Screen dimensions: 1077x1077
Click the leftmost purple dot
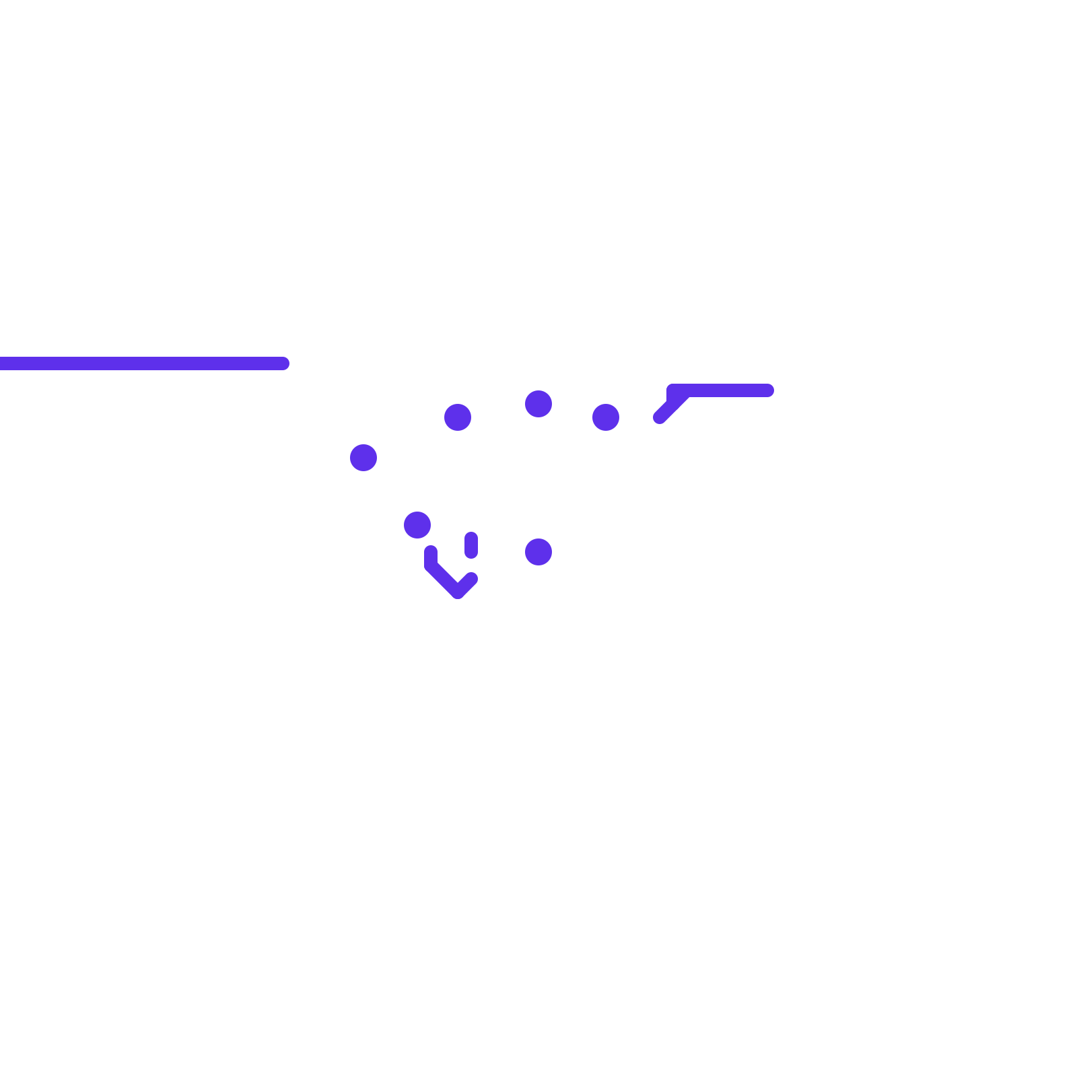pyautogui.click(x=363, y=458)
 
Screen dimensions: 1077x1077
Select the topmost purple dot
pyautogui.click(x=538, y=404)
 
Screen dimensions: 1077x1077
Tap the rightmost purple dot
pyautogui.click(x=606, y=417)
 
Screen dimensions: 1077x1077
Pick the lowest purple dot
pyautogui.click(x=538, y=552)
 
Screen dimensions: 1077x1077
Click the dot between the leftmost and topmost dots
pyautogui.click(x=458, y=417)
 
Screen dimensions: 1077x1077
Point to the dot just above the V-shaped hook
pyautogui.click(x=417, y=525)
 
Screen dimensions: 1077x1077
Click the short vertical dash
pyautogui.click(x=471, y=545)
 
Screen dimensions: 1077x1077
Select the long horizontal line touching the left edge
pyautogui.click(x=141, y=363)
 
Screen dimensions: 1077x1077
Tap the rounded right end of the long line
pyautogui.click(x=283, y=363)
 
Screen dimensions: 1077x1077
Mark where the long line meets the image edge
pyautogui.click(x=1, y=363)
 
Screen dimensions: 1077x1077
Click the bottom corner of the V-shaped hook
pyautogui.click(x=458, y=592)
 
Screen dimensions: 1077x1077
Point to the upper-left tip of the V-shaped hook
pyautogui.click(x=431, y=552)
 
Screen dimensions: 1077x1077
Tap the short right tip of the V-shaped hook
pyautogui.click(x=471, y=578)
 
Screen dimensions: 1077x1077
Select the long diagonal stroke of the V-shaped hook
pyautogui.click(x=444, y=579)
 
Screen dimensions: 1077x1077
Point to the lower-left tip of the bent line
pyautogui.click(x=660, y=417)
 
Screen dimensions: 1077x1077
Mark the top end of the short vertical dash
pyautogui.click(x=471, y=537)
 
